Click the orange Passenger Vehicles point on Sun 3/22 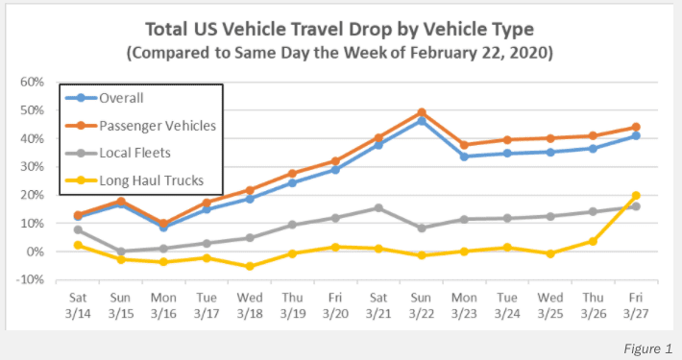coord(421,113)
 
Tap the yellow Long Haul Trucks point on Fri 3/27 coord(636,196)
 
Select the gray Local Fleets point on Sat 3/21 coord(378,208)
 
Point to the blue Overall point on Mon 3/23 coord(464,156)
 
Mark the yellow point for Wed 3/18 coord(250,266)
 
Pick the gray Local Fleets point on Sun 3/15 coord(121,252)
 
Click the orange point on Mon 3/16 coord(163,224)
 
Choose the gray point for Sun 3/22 coord(421,228)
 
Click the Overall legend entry coord(105,98)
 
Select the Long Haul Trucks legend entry coord(134,180)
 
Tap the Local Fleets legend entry coord(118,153)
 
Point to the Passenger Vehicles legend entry coord(140,126)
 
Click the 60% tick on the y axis coord(33,83)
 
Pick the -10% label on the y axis coord(30,279)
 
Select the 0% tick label coord(36,252)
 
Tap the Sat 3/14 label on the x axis coord(78,305)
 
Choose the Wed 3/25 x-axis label coord(550,305)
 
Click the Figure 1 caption coord(648,348)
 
